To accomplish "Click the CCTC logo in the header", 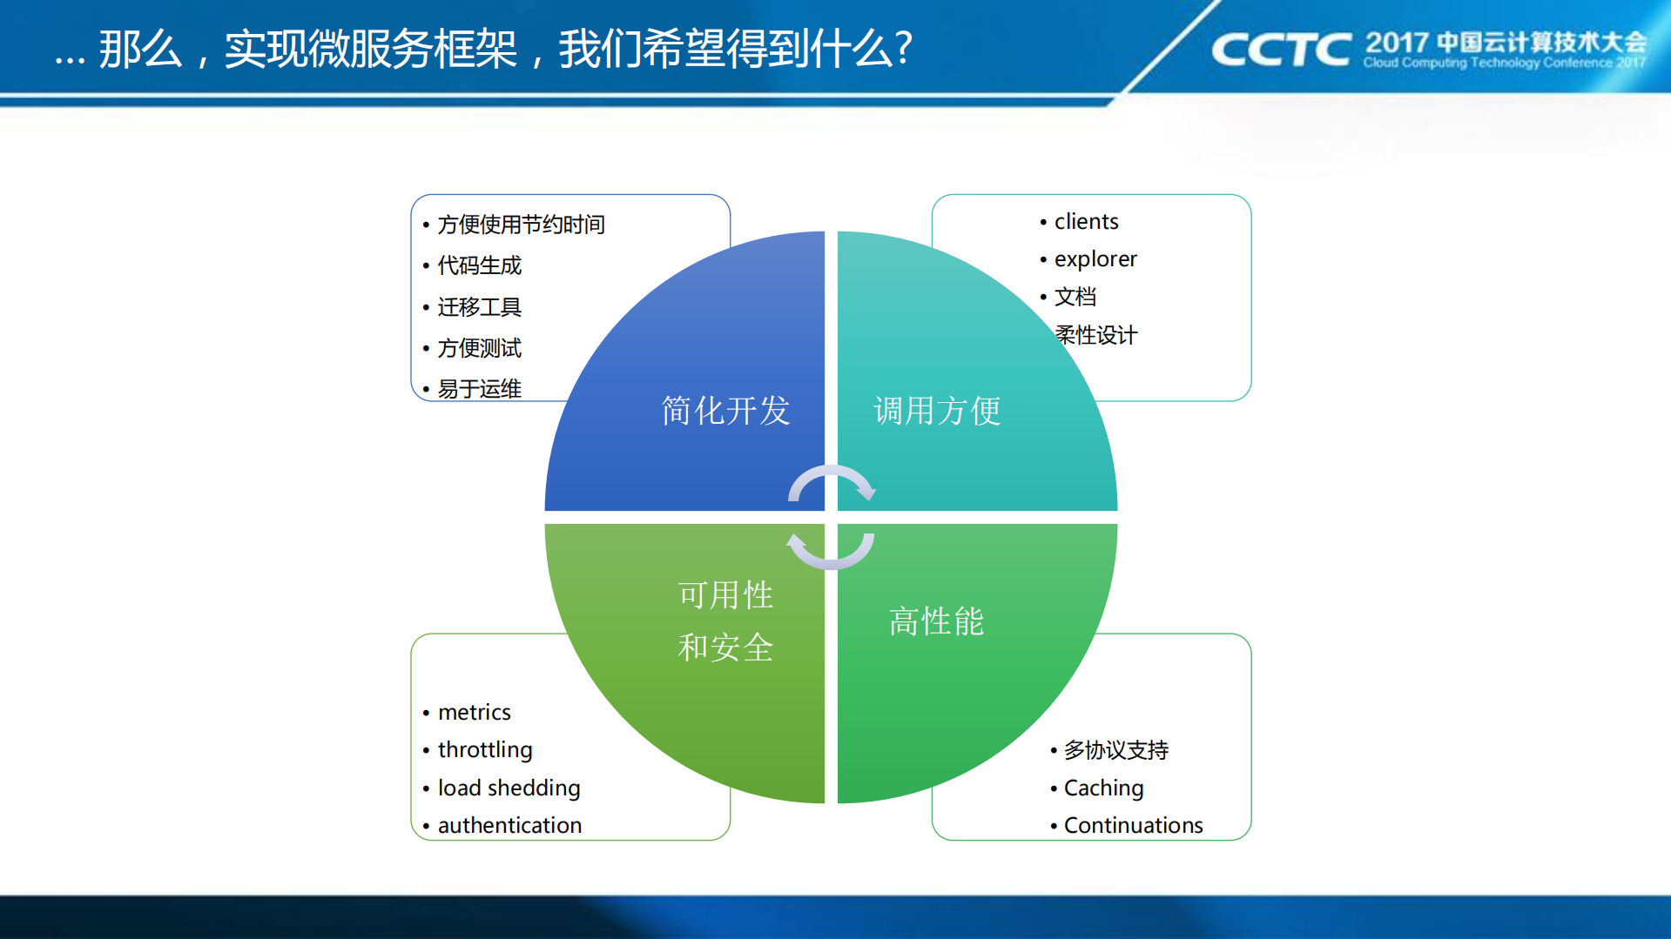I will coord(1280,50).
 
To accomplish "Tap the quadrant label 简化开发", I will coord(725,411).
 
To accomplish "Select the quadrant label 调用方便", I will coord(937,411).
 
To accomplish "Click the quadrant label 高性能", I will coord(936,621).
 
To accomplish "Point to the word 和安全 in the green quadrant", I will coord(725,647).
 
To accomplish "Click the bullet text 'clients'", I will coord(1086,222).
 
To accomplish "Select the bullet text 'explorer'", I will coord(1095,259).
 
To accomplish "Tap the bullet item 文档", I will coord(1075,297).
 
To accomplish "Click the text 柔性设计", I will coord(1096,335).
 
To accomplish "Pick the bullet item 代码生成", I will coord(480,265).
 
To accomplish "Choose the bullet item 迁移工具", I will coord(480,307).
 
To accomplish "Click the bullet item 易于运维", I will coord(480,389).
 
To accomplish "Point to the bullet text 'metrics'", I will coord(475,713).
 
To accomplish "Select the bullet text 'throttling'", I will coord(485,750).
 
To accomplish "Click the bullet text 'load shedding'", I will coord(509,788).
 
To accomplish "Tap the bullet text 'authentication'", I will coord(509,826).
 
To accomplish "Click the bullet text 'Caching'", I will coord(1103,788).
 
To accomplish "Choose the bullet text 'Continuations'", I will coord(1133,826).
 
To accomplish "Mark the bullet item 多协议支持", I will coord(1116,750).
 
